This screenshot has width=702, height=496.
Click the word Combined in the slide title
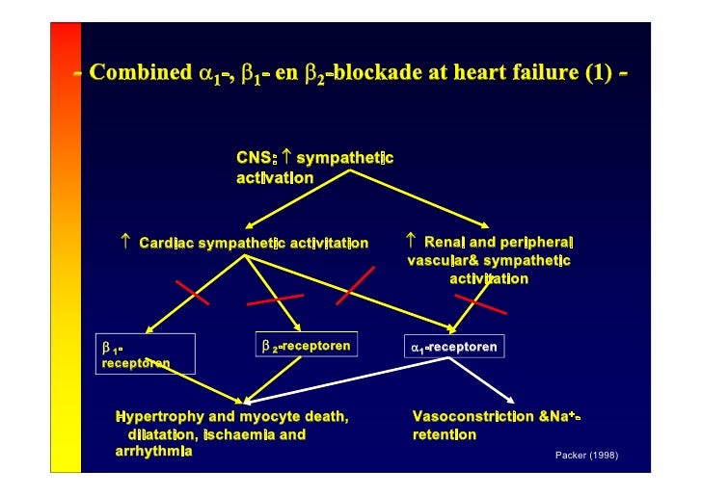140,74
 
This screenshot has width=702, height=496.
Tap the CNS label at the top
255,157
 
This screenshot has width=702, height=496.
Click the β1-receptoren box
146,353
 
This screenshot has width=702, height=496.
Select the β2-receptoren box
306,345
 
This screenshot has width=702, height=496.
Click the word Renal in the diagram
446,242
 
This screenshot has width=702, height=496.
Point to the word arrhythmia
153,452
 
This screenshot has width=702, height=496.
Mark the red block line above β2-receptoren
276,300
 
